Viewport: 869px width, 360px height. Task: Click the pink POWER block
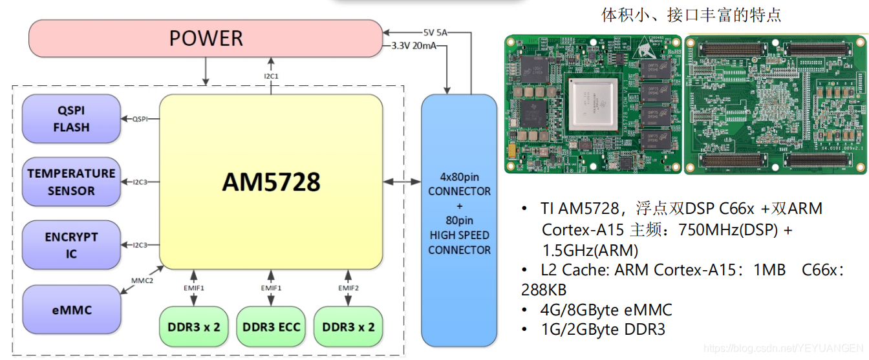pyautogui.click(x=206, y=37)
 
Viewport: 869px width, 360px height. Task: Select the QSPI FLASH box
pyautogui.click(x=71, y=119)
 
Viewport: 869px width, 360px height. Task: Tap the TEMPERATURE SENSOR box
pyautogui.click(x=71, y=182)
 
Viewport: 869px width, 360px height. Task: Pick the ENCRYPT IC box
pyautogui.click(x=71, y=246)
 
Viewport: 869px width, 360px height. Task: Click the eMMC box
pyautogui.click(x=71, y=310)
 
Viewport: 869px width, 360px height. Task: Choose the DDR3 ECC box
pyautogui.click(x=272, y=326)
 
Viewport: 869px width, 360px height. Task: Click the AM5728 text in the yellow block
pyautogui.click(x=271, y=182)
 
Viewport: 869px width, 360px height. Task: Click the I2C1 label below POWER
pyautogui.click(x=271, y=76)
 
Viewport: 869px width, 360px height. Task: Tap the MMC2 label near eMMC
pyautogui.click(x=142, y=281)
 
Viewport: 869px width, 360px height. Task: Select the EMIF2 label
pyautogui.click(x=349, y=287)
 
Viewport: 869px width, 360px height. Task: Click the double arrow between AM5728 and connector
pyautogui.click(x=402, y=182)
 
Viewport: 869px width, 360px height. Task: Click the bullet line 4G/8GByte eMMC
pyautogui.click(x=606, y=310)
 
